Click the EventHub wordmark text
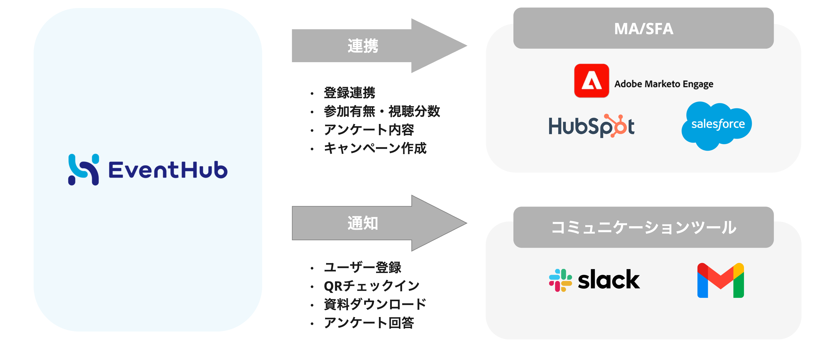pyautogui.click(x=168, y=170)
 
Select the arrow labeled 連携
pyautogui.click(x=379, y=46)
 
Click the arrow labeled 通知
pyautogui.click(x=379, y=223)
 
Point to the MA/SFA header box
pyautogui.click(x=643, y=28)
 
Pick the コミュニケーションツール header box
pyautogui.click(x=643, y=227)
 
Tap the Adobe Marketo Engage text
pyautogui.click(x=664, y=84)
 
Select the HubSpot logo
pyautogui.click(x=592, y=126)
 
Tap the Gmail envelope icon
pyautogui.click(x=721, y=280)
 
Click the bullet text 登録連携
pyautogui.click(x=349, y=93)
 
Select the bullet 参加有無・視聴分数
pyautogui.click(x=382, y=111)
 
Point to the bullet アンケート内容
pyautogui.click(x=369, y=130)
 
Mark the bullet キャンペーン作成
pyautogui.click(x=375, y=148)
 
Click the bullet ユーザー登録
pyautogui.click(x=362, y=267)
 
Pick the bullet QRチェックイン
pyautogui.click(x=372, y=286)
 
